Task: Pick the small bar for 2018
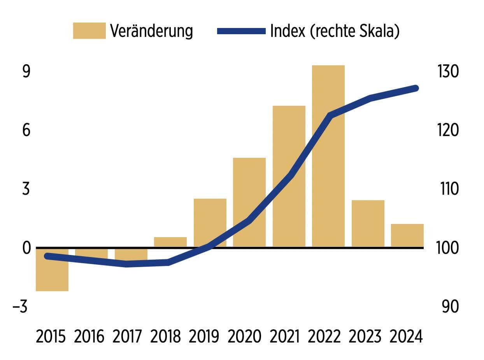click(x=170, y=242)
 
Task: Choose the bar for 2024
click(x=407, y=235)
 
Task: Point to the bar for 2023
click(x=368, y=223)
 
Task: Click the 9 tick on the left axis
click(x=26, y=72)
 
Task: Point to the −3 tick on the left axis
click(x=20, y=307)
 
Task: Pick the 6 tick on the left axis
click(x=26, y=130)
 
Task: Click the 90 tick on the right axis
click(x=450, y=307)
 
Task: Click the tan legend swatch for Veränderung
click(x=89, y=31)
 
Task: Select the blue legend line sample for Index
click(x=241, y=31)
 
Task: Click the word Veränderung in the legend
click(x=151, y=31)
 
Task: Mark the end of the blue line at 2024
click(x=416, y=88)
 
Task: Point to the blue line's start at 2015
click(x=47, y=256)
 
